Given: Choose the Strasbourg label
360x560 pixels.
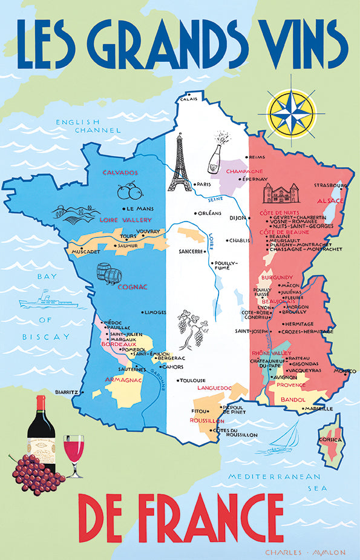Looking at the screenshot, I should click(330, 185).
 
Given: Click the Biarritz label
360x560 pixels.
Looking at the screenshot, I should click(66, 392).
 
